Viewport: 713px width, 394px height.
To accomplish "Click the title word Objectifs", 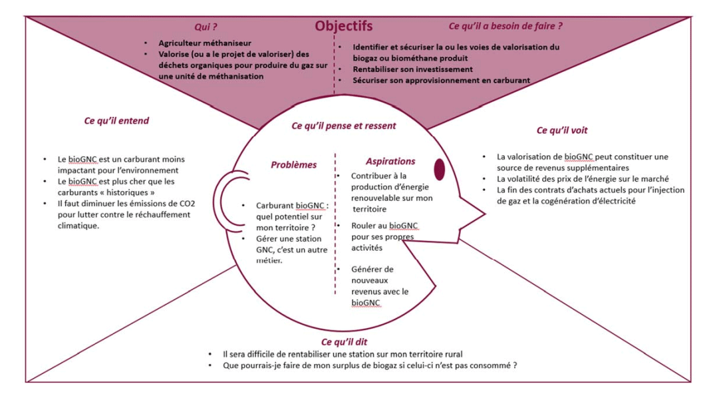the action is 344,26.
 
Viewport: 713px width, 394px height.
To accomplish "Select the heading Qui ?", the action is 206,27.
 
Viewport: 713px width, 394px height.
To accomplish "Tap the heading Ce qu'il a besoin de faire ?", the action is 505,26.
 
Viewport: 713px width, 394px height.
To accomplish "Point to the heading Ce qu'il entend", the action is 116,120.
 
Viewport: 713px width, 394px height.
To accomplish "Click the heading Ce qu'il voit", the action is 562,130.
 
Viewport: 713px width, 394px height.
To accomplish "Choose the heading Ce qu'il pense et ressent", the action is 344,126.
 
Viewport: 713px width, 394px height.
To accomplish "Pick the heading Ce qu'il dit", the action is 345,341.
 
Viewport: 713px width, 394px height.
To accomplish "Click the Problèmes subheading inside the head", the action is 294,164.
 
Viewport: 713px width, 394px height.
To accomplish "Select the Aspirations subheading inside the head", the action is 390,161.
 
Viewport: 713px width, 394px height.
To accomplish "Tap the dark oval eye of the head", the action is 439,169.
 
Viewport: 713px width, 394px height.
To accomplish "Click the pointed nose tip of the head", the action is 485,213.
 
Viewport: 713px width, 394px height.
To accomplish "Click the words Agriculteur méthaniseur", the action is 205,43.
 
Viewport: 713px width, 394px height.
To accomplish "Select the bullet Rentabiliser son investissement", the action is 413,69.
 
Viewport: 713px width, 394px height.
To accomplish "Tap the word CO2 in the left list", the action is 188,204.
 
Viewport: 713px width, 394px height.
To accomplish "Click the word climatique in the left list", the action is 78,226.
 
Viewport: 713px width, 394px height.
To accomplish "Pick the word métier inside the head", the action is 269,261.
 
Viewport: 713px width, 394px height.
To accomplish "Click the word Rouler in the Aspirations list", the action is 363,226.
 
